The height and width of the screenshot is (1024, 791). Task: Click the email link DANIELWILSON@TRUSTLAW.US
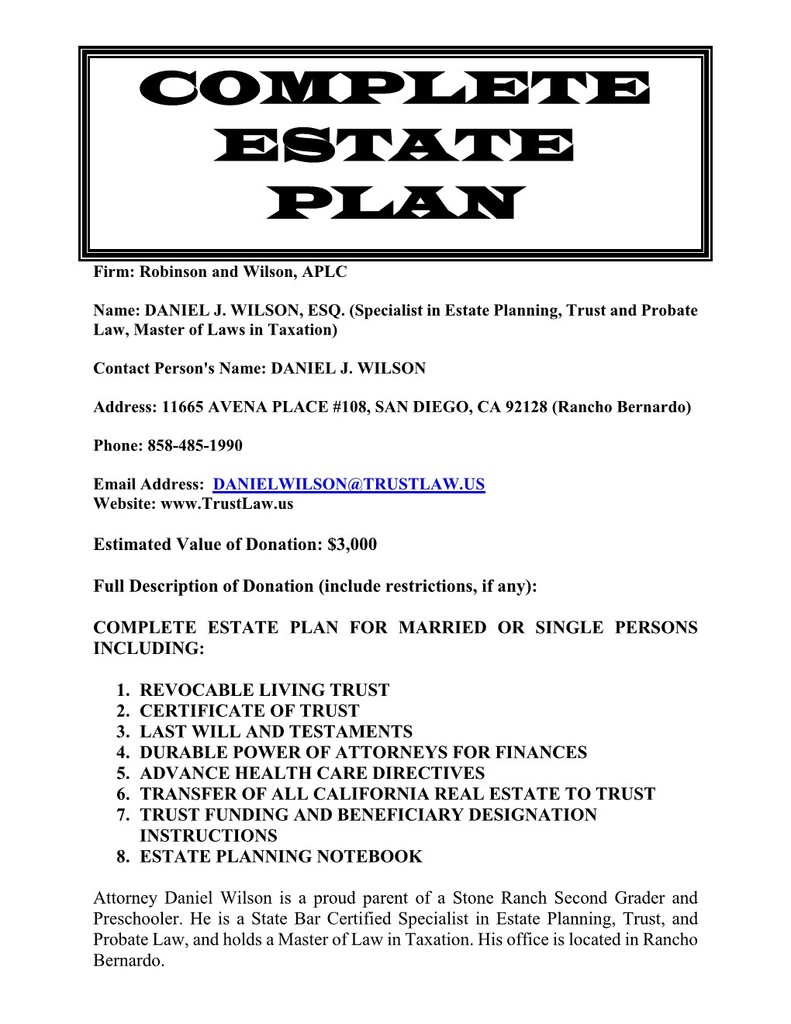[x=349, y=484]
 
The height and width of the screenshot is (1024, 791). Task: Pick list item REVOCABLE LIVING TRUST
[x=264, y=690]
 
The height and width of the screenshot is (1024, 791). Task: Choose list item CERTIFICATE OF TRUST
[x=249, y=711]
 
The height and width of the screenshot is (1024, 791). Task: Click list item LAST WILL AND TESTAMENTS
[x=275, y=732]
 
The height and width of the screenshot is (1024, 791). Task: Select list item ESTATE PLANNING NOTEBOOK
[x=280, y=856]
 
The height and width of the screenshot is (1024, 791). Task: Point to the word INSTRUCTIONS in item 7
[x=208, y=835]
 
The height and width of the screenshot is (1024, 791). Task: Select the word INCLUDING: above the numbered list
[x=148, y=648]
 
